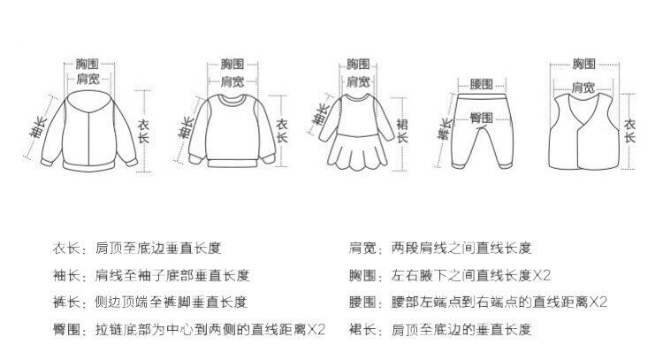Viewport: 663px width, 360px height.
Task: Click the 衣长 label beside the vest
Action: click(629, 131)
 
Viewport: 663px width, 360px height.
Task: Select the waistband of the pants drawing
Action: click(482, 98)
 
